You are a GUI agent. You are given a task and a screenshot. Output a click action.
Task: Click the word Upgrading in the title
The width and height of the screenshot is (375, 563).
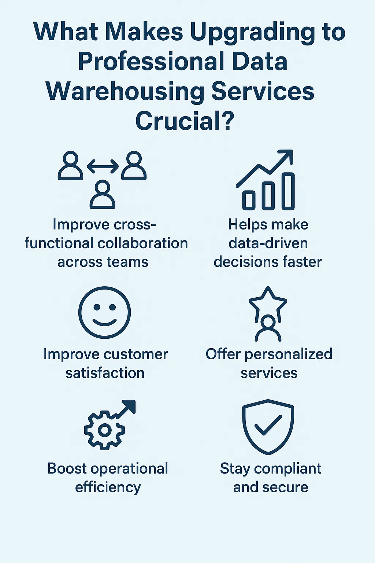[x=252, y=32]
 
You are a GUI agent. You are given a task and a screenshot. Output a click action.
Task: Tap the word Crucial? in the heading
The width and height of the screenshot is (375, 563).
[x=185, y=121]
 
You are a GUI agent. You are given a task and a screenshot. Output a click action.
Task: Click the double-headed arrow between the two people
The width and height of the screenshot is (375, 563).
[x=103, y=167]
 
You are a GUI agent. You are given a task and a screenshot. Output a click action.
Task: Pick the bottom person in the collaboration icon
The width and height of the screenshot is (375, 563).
[x=103, y=195]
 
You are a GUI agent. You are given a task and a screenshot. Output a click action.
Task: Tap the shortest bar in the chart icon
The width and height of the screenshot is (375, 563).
[x=249, y=199]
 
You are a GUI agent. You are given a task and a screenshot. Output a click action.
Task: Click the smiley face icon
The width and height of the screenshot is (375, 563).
[x=104, y=312]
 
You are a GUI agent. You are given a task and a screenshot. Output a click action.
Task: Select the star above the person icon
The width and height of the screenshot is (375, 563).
[x=268, y=302]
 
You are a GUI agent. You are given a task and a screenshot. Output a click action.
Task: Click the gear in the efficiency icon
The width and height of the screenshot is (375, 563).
[x=104, y=430]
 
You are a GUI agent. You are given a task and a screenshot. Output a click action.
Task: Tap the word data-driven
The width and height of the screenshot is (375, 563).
[x=268, y=243]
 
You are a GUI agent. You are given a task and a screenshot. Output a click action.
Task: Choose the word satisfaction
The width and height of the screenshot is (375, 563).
[x=105, y=373]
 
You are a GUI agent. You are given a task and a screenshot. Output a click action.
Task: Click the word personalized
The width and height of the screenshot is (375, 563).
[x=289, y=354]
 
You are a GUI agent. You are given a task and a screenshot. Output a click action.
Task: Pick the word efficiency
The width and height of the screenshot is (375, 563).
[x=108, y=487]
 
